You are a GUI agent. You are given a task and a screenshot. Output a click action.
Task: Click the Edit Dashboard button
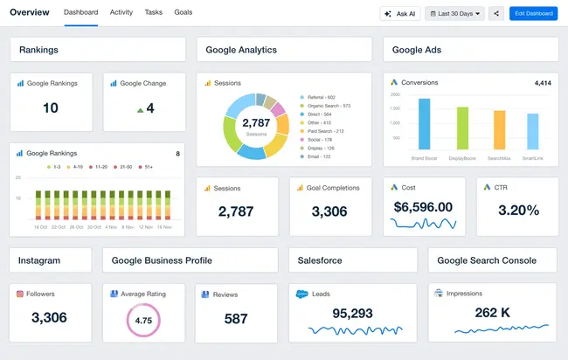click(x=532, y=13)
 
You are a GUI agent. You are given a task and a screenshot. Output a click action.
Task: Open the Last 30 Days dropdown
click(x=460, y=13)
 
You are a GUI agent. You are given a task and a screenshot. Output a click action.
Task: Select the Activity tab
click(x=121, y=12)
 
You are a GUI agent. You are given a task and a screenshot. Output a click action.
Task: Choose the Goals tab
click(x=183, y=12)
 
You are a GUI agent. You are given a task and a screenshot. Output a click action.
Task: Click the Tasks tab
click(x=153, y=12)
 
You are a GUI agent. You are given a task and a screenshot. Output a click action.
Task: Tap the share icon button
click(x=496, y=13)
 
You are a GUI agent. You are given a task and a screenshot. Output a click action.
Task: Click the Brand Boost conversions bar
click(x=425, y=124)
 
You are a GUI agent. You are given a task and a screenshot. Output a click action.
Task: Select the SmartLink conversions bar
click(x=532, y=131)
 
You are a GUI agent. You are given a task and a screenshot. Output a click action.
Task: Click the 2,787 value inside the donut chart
click(x=256, y=123)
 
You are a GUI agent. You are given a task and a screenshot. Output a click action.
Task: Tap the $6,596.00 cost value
click(x=423, y=207)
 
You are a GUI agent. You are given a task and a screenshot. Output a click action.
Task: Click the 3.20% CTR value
click(x=517, y=210)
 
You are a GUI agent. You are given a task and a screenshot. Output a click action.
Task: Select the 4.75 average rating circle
click(x=142, y=321)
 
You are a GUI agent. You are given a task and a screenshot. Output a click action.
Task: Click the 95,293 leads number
click(x=353, y=314)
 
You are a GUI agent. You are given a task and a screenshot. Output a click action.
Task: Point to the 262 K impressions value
click(x=491, y=313)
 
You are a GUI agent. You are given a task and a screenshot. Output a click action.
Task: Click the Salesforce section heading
click(x=320, y=260)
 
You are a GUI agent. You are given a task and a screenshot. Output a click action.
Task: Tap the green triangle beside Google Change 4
click(x=139, y=109)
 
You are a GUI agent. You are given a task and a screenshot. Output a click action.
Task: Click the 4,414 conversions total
click(x=543, y=83)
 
